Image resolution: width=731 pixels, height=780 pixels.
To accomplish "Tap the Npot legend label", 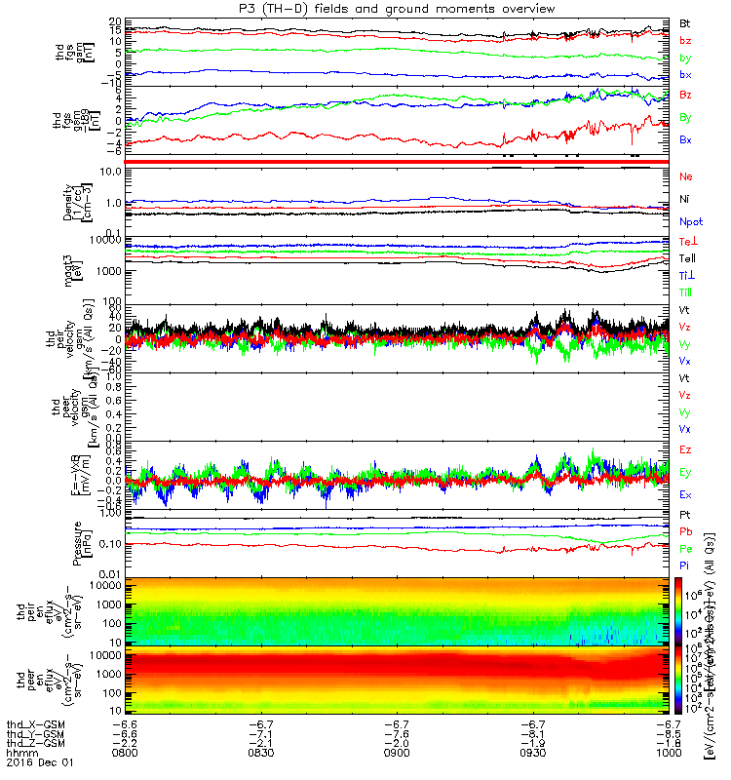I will (690, 222).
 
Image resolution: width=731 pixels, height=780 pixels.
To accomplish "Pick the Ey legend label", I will (685, 472).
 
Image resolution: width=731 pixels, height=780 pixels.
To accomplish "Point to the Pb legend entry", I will (685, 531).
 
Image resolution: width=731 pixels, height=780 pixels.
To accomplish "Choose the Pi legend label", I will (684, 565).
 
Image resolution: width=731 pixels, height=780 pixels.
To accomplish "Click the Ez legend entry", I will (685, 449).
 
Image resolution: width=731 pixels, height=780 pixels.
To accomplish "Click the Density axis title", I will (86, 200).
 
